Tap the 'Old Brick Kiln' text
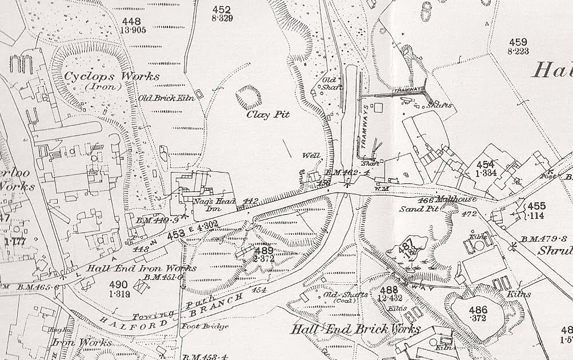click(x=167, y=98)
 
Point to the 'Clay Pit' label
click(x=268, y=115)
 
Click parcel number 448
click(x=130, y=22)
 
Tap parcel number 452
click(x=221, y=10)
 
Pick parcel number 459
click(x=518, y=42)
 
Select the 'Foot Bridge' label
click(x=205, y=327)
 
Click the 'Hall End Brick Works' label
click(x=355, y=329)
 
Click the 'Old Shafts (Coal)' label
click(x=346, y=297)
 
